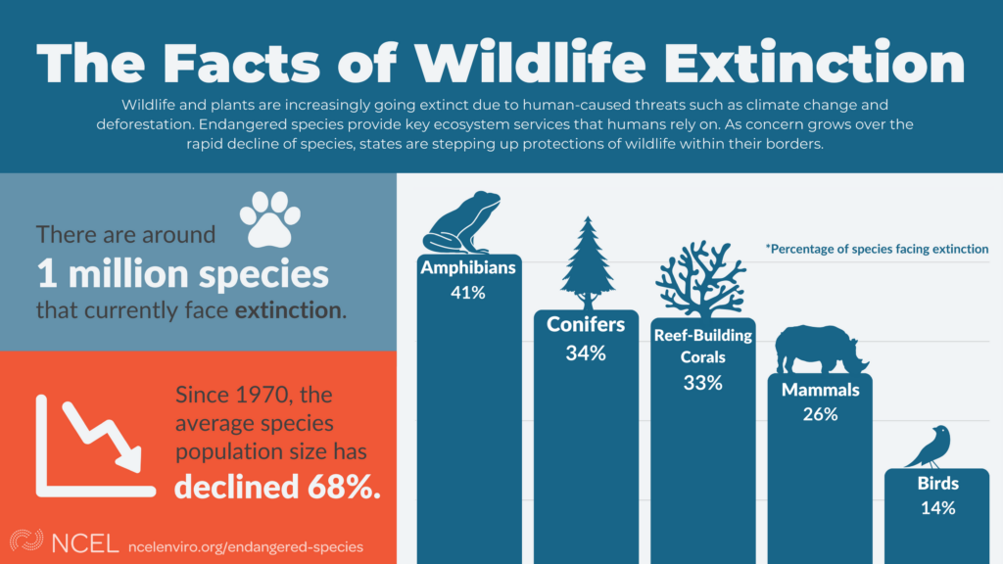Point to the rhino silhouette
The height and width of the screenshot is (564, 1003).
point(820,350)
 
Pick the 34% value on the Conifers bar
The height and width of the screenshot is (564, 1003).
point(586,352)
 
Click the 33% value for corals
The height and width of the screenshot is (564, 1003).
point(702,383)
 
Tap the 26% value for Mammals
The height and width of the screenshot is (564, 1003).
point(820,414)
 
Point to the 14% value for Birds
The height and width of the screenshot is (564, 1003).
point(937,507)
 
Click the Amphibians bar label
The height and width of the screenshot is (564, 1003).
point(468,267)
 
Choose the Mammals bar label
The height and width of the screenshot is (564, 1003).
point(820,390)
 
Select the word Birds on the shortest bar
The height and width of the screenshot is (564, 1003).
point(937,484)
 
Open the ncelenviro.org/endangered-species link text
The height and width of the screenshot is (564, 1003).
point(245,545)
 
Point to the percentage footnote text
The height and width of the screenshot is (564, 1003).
point(877,250)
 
